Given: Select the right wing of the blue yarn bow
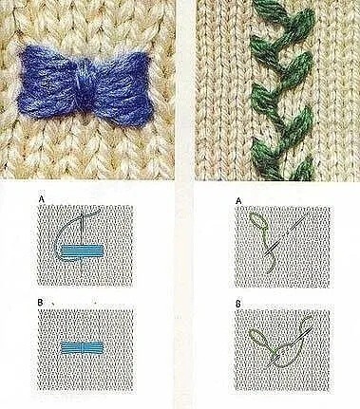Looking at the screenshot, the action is point(119,86).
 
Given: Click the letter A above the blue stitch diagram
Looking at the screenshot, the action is point(41,199).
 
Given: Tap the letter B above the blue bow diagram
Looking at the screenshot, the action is point(40,303).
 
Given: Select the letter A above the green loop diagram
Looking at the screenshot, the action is point(238,200).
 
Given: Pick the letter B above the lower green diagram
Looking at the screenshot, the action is point(238,304).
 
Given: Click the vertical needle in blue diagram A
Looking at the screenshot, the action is point(83,242).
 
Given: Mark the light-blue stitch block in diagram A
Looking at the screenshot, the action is point(83,251).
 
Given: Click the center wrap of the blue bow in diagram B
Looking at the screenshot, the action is point(83,348).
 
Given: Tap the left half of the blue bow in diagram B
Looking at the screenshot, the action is point(70,348).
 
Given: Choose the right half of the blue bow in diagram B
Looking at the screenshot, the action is point(94,348).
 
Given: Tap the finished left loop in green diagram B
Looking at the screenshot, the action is point(259,339).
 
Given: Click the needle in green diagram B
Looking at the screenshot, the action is point(288,348).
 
